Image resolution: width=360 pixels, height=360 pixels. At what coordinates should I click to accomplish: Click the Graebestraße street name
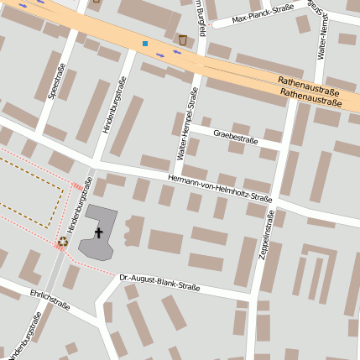[x=235, y=136]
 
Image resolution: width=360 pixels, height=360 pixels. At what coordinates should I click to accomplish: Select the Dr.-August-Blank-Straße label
[x=159, y=281]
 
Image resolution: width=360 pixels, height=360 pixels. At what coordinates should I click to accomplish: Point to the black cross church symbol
[x=98, y=231]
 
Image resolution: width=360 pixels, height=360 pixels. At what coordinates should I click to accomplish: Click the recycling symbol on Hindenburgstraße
[x=63, y=243]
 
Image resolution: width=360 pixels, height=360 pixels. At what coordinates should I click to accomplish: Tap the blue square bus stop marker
[x=144, y=43]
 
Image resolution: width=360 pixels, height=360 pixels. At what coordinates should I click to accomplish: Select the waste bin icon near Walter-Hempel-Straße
[x=183, y=39]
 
